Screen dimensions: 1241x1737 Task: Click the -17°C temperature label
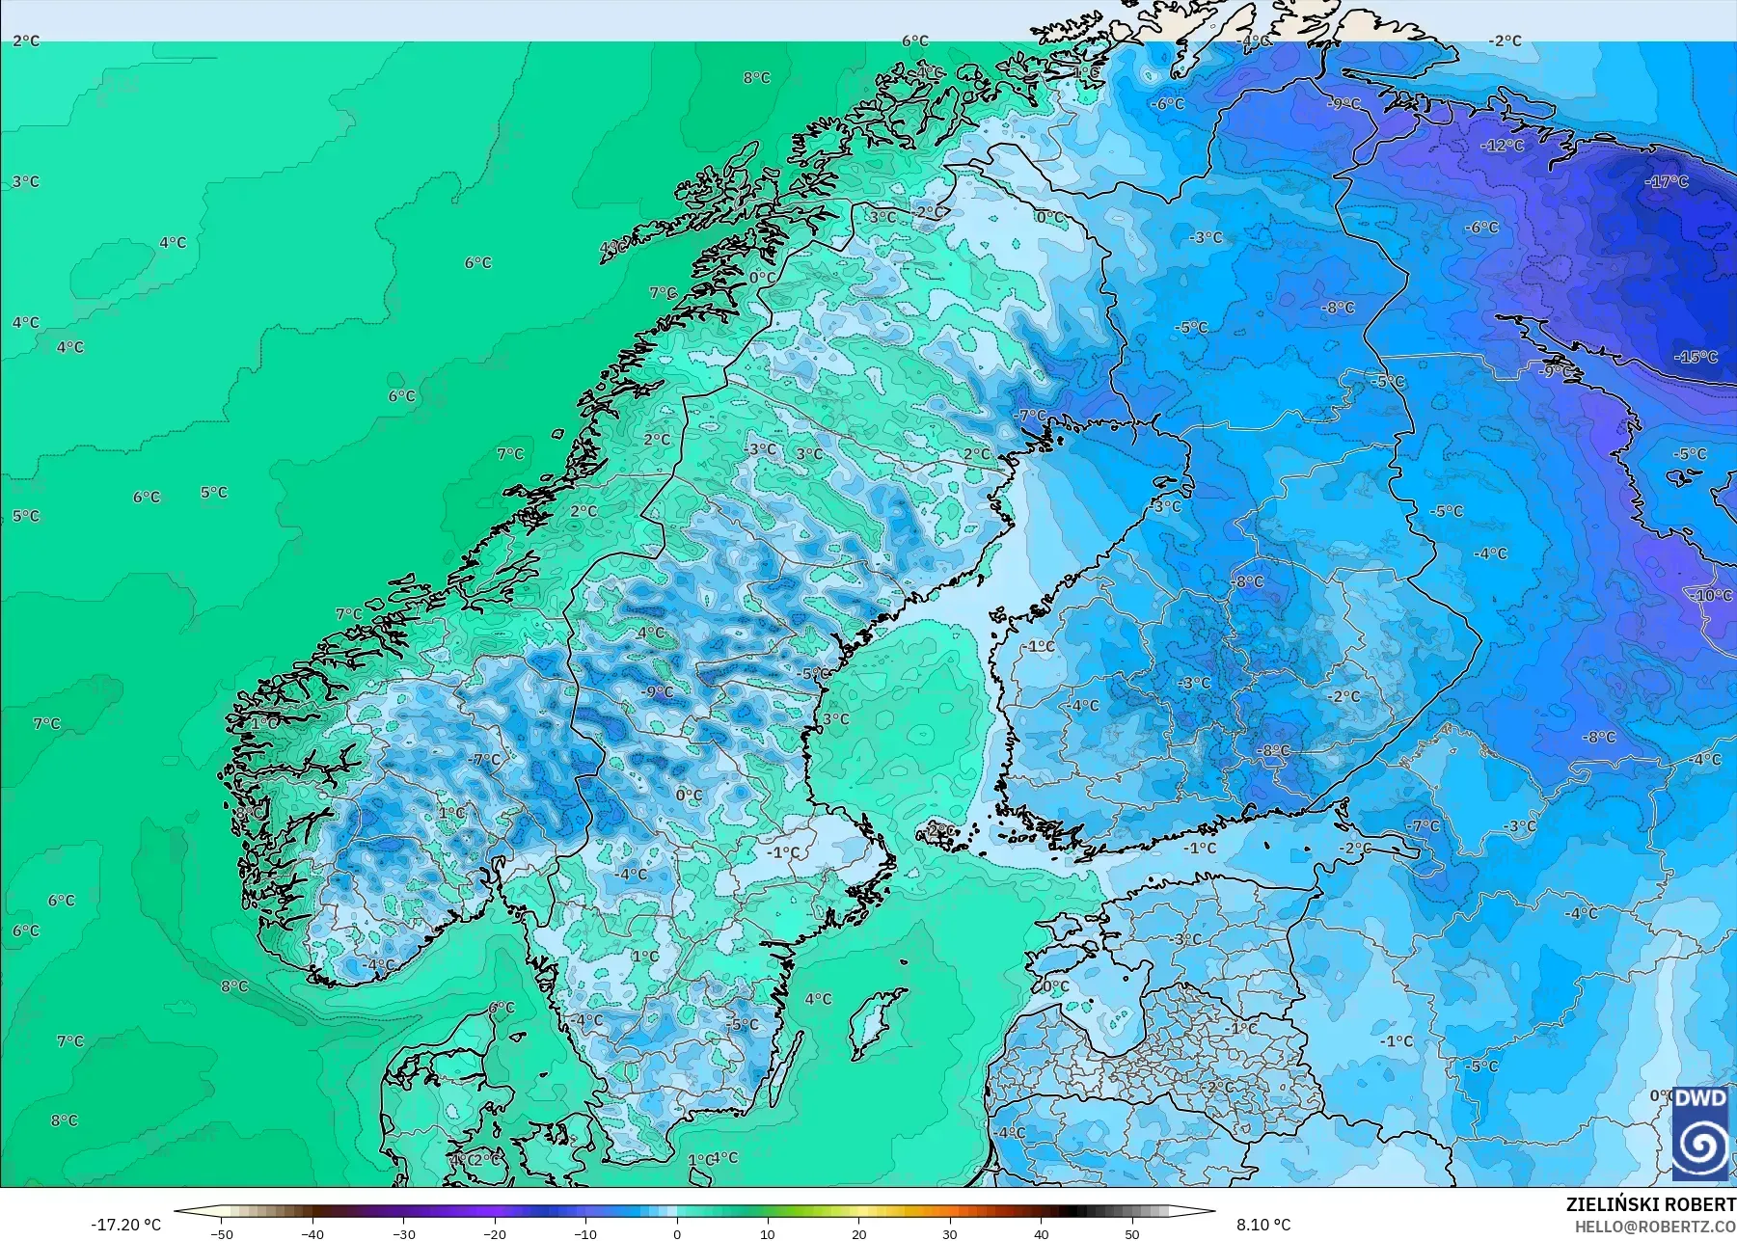[x=1667, y=181]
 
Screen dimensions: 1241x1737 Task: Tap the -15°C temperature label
[x=1696, y=357]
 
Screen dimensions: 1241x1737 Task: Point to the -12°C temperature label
[x=1503, y=146]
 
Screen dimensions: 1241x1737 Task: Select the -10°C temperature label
[x=1711, y=595]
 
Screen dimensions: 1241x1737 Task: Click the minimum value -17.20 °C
[x=125, y=1225]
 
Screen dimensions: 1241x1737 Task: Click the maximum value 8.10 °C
[x=1263, y=1225]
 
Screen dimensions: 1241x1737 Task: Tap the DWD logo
[x=1700, y=1133]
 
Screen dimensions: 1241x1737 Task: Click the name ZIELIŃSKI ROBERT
[x=1650, y=1204]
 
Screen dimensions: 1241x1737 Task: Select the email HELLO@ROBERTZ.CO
[x=1656, y=1226]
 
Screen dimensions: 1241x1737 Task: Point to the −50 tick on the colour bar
[x=222, y=1233]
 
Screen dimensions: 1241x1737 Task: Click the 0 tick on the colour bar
[x=677, y=1233]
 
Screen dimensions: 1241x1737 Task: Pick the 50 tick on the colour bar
[x=1132, y=1233]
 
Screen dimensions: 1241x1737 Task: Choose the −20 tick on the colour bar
[x=495, y=1233]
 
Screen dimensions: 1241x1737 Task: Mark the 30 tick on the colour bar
[x=950, y=1233]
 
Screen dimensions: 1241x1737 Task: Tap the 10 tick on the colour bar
[x=768, y=1233]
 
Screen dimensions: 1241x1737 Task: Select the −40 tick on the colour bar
[x=312, y=1233]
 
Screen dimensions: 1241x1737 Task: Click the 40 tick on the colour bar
[x=1042, y=1233]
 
